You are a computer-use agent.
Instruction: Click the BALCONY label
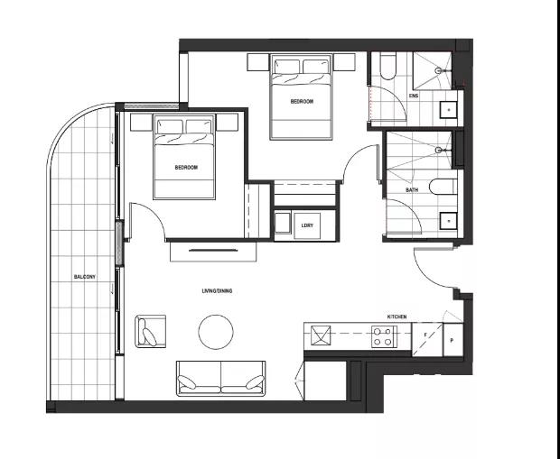[85, 277]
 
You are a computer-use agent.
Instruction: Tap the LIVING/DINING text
[217, 291]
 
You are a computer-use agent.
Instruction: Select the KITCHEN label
[397, 317]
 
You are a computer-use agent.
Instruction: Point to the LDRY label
[307, 225]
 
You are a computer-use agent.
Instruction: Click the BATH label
[412, 190]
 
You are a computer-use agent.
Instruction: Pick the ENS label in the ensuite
[414, 96]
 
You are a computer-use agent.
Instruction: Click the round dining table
[216, 332]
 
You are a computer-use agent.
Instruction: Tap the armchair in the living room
[150, 331]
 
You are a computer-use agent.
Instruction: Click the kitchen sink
[321, 335]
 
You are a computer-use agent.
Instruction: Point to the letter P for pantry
[452, 341]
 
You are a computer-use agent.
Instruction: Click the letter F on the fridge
[425, 335]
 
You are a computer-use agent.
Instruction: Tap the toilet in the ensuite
[387, 66]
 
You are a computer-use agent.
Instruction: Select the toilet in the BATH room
[443, 187]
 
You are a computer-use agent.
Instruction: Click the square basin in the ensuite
[448, 109]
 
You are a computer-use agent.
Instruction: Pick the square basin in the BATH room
[449, 221]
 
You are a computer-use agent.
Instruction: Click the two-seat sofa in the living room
[220, 379]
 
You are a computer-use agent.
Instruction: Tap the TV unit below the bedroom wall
[213, 252]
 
